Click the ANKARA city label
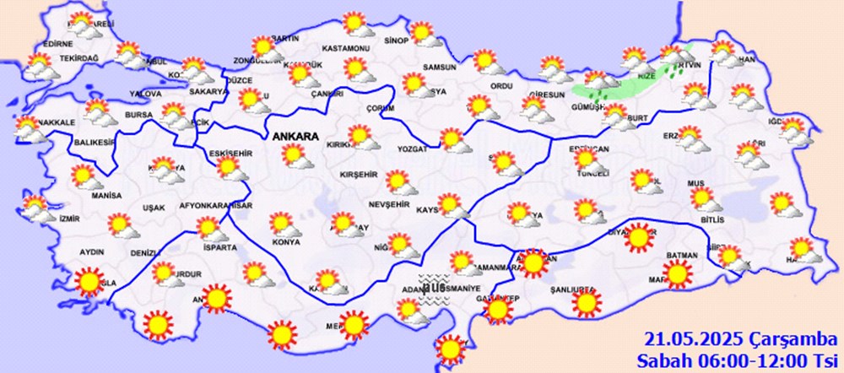[294, 136]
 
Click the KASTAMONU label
[347, 49]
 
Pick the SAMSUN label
[439, 68]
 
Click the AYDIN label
[91, 252]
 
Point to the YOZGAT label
[414, 149]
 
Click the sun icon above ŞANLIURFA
[587, 300]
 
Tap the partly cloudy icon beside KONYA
[282, 224]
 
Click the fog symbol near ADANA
[435, 286]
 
